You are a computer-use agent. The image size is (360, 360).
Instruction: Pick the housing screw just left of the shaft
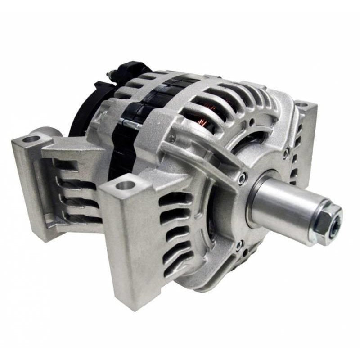click(243, 179)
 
